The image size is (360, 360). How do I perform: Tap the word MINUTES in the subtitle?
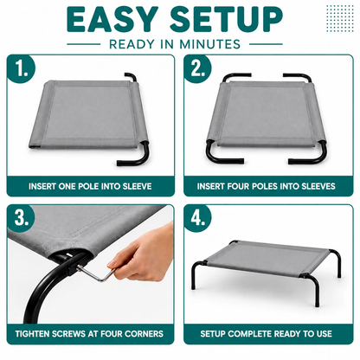[x=210, y=44]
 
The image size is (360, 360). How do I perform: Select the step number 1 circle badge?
[x=21, y=69]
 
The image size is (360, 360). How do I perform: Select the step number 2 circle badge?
[x=197, y=69]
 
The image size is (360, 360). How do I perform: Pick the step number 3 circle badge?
[x=21, y=218]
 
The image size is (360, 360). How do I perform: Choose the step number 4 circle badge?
[x=197, y=218]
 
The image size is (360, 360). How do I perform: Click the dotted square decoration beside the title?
[x=340, y=18]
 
